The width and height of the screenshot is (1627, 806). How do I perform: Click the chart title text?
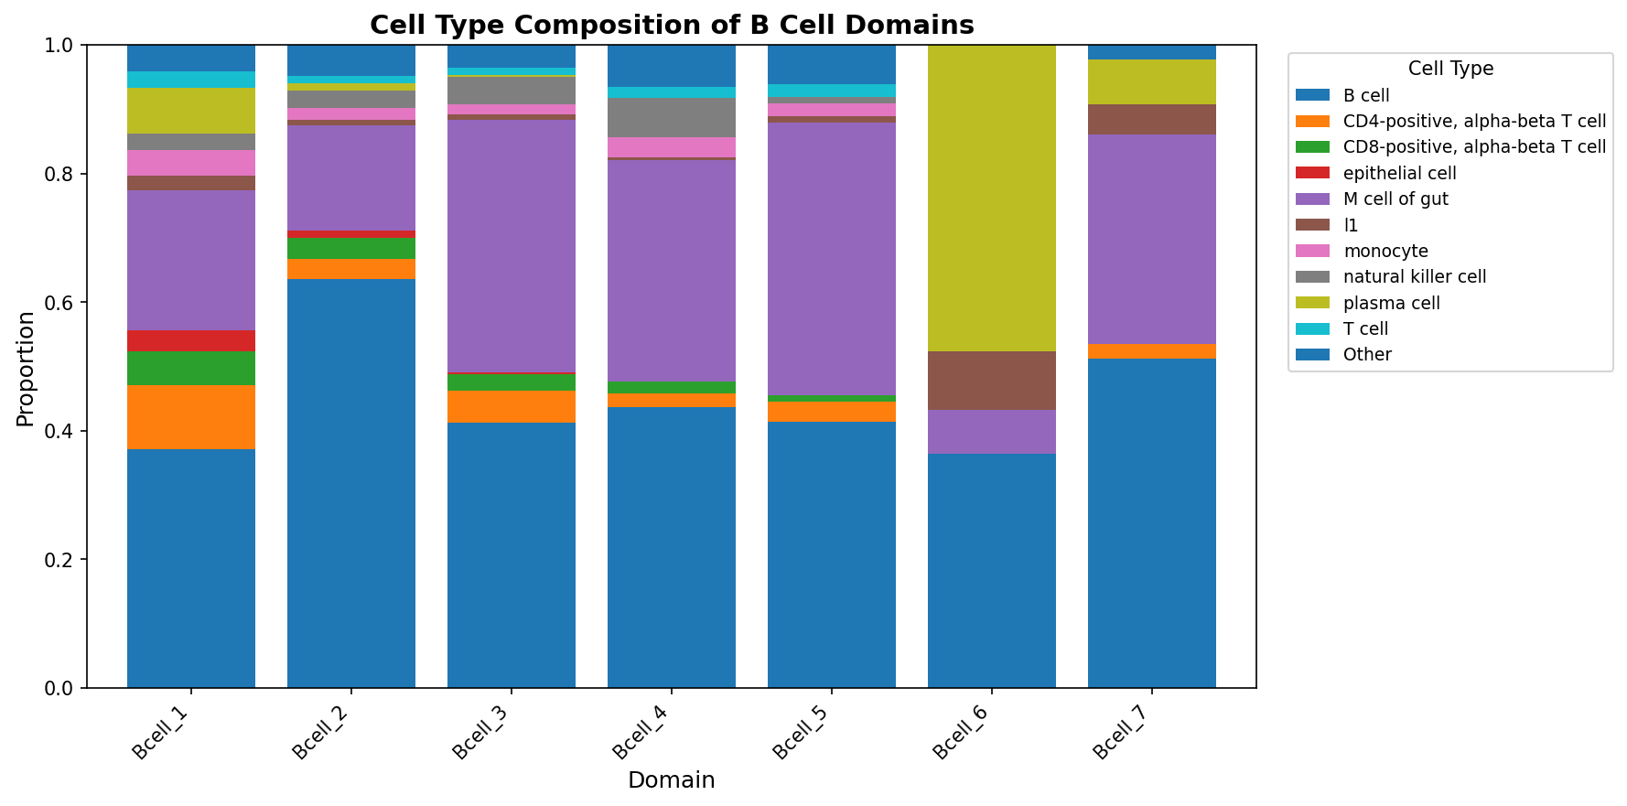[x=672, y=25]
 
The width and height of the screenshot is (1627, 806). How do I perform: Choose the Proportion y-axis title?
[x=26, y=369]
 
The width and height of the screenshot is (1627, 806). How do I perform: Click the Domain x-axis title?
[x=671, y=780]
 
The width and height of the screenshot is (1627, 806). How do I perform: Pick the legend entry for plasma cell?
[x=1391, y=303]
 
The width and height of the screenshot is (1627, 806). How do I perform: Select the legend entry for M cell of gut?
[x=1395, y=199]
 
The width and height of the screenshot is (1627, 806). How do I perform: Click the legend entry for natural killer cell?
[x=1414, y=277]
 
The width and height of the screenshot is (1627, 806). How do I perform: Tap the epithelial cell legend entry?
[x=1399, y=173]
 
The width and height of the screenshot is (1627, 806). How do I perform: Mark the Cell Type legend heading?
[x=1450, y=69]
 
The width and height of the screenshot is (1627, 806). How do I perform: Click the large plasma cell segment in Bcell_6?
[x=992, y=198]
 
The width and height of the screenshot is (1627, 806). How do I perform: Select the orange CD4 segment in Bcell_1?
[x=191, y=417]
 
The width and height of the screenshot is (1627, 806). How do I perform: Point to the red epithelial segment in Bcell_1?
[x=191, y=340]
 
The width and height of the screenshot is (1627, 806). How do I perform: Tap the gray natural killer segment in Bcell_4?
[x=672, y=117]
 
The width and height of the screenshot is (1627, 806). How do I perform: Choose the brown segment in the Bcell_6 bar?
[x=992, y=381]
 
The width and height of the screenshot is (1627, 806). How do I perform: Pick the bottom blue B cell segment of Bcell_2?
[x=351, y=483]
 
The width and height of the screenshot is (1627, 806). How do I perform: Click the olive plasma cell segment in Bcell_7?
[x=1152, y=82]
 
